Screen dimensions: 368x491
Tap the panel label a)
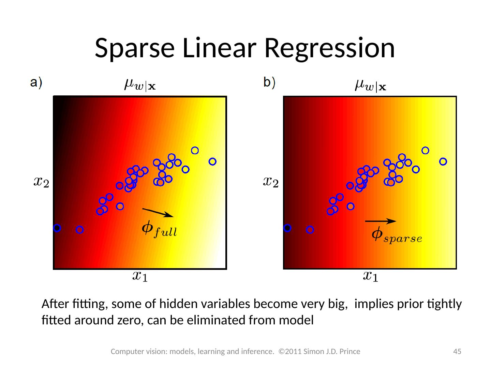coord(36,83)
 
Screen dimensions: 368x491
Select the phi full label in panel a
coord(159,229)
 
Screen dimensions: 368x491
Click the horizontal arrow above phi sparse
coord(381,221)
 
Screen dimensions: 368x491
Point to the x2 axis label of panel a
coord(41,182)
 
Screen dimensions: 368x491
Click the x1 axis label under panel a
coord(140,276)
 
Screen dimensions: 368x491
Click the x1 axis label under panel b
coord(370,276)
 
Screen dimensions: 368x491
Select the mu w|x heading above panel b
coord(370,85)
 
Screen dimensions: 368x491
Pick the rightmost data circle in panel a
coord(212,162)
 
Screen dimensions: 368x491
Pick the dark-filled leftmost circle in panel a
coord(57,228)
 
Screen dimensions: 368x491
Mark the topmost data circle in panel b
coord(425,150)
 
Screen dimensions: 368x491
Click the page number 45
coord(457,351)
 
